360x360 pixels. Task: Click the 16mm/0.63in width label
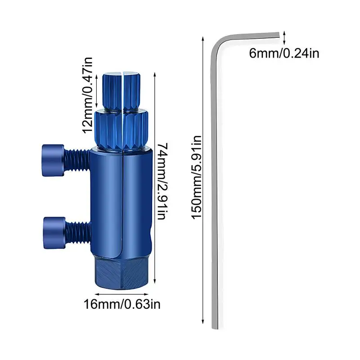122,305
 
